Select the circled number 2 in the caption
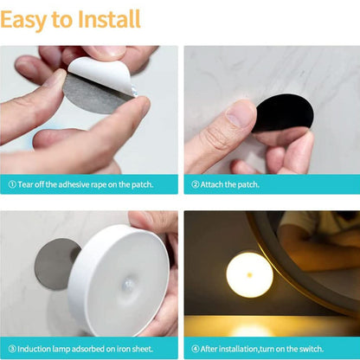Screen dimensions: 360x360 (x=196, y=184)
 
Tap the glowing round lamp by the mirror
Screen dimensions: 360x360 (x=249, y=274)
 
